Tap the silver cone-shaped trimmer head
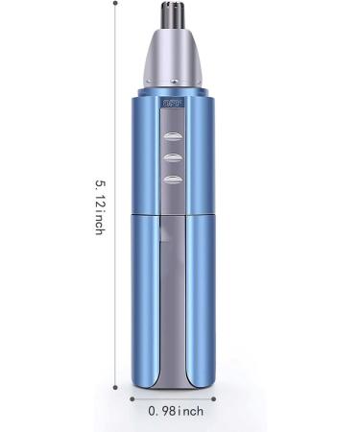[x=175, y=58]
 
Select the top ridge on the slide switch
[x=174, y=137]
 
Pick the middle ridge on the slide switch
[x=174, y=157]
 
